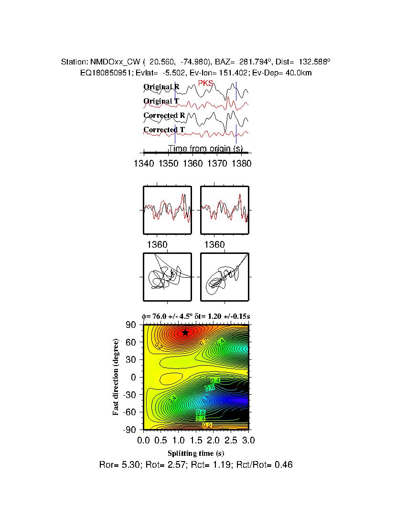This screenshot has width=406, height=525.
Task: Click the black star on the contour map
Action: coord(185,333)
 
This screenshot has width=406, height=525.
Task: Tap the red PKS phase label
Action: coord(205,84)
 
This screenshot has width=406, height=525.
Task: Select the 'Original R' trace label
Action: coord(161,87)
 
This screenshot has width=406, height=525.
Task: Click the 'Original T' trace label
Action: coord(161,101)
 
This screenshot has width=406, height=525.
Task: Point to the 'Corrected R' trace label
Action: coord(164,115)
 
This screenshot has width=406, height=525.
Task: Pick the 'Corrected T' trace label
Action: coord(164,130)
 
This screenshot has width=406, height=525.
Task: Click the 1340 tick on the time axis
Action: coord(144,163)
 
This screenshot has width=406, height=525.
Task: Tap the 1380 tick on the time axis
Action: coord(241,163)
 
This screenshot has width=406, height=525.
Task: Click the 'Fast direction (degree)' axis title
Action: coord(116,377)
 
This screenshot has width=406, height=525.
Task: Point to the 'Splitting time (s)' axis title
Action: coord(196,453)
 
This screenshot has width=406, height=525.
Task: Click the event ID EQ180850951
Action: coord(100,73)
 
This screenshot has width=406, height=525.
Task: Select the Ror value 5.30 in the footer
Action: coord(128,464)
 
